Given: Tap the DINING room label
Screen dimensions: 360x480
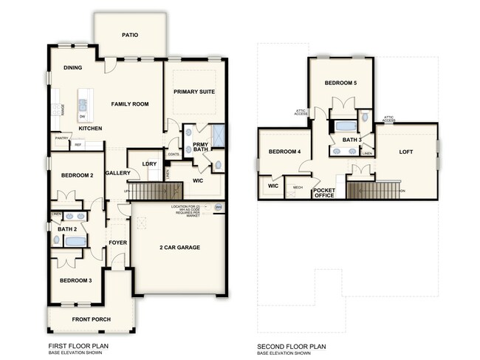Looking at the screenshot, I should pos(72,68).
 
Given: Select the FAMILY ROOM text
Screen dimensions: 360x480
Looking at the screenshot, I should pos(130,104).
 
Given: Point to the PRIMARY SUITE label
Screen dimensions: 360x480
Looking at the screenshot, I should pos(193,91).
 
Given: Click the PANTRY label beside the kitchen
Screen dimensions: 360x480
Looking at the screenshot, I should pos(61,138).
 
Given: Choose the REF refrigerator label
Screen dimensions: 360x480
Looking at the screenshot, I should pos(78,145).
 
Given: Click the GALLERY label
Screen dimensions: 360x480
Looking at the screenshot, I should pos(118,173).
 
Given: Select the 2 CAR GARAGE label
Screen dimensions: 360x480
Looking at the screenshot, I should pos(180,247).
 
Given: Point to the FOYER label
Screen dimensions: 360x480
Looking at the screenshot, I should pos(118,241).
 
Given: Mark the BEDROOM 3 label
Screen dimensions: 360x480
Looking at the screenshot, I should pos(75,280).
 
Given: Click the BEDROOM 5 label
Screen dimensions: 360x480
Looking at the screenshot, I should pos(340,84).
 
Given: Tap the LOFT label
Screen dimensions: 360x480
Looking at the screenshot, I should pos(406,152).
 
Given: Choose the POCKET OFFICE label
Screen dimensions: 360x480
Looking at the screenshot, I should pos(324,193).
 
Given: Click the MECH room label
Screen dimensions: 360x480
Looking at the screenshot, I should pos(298,188).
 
